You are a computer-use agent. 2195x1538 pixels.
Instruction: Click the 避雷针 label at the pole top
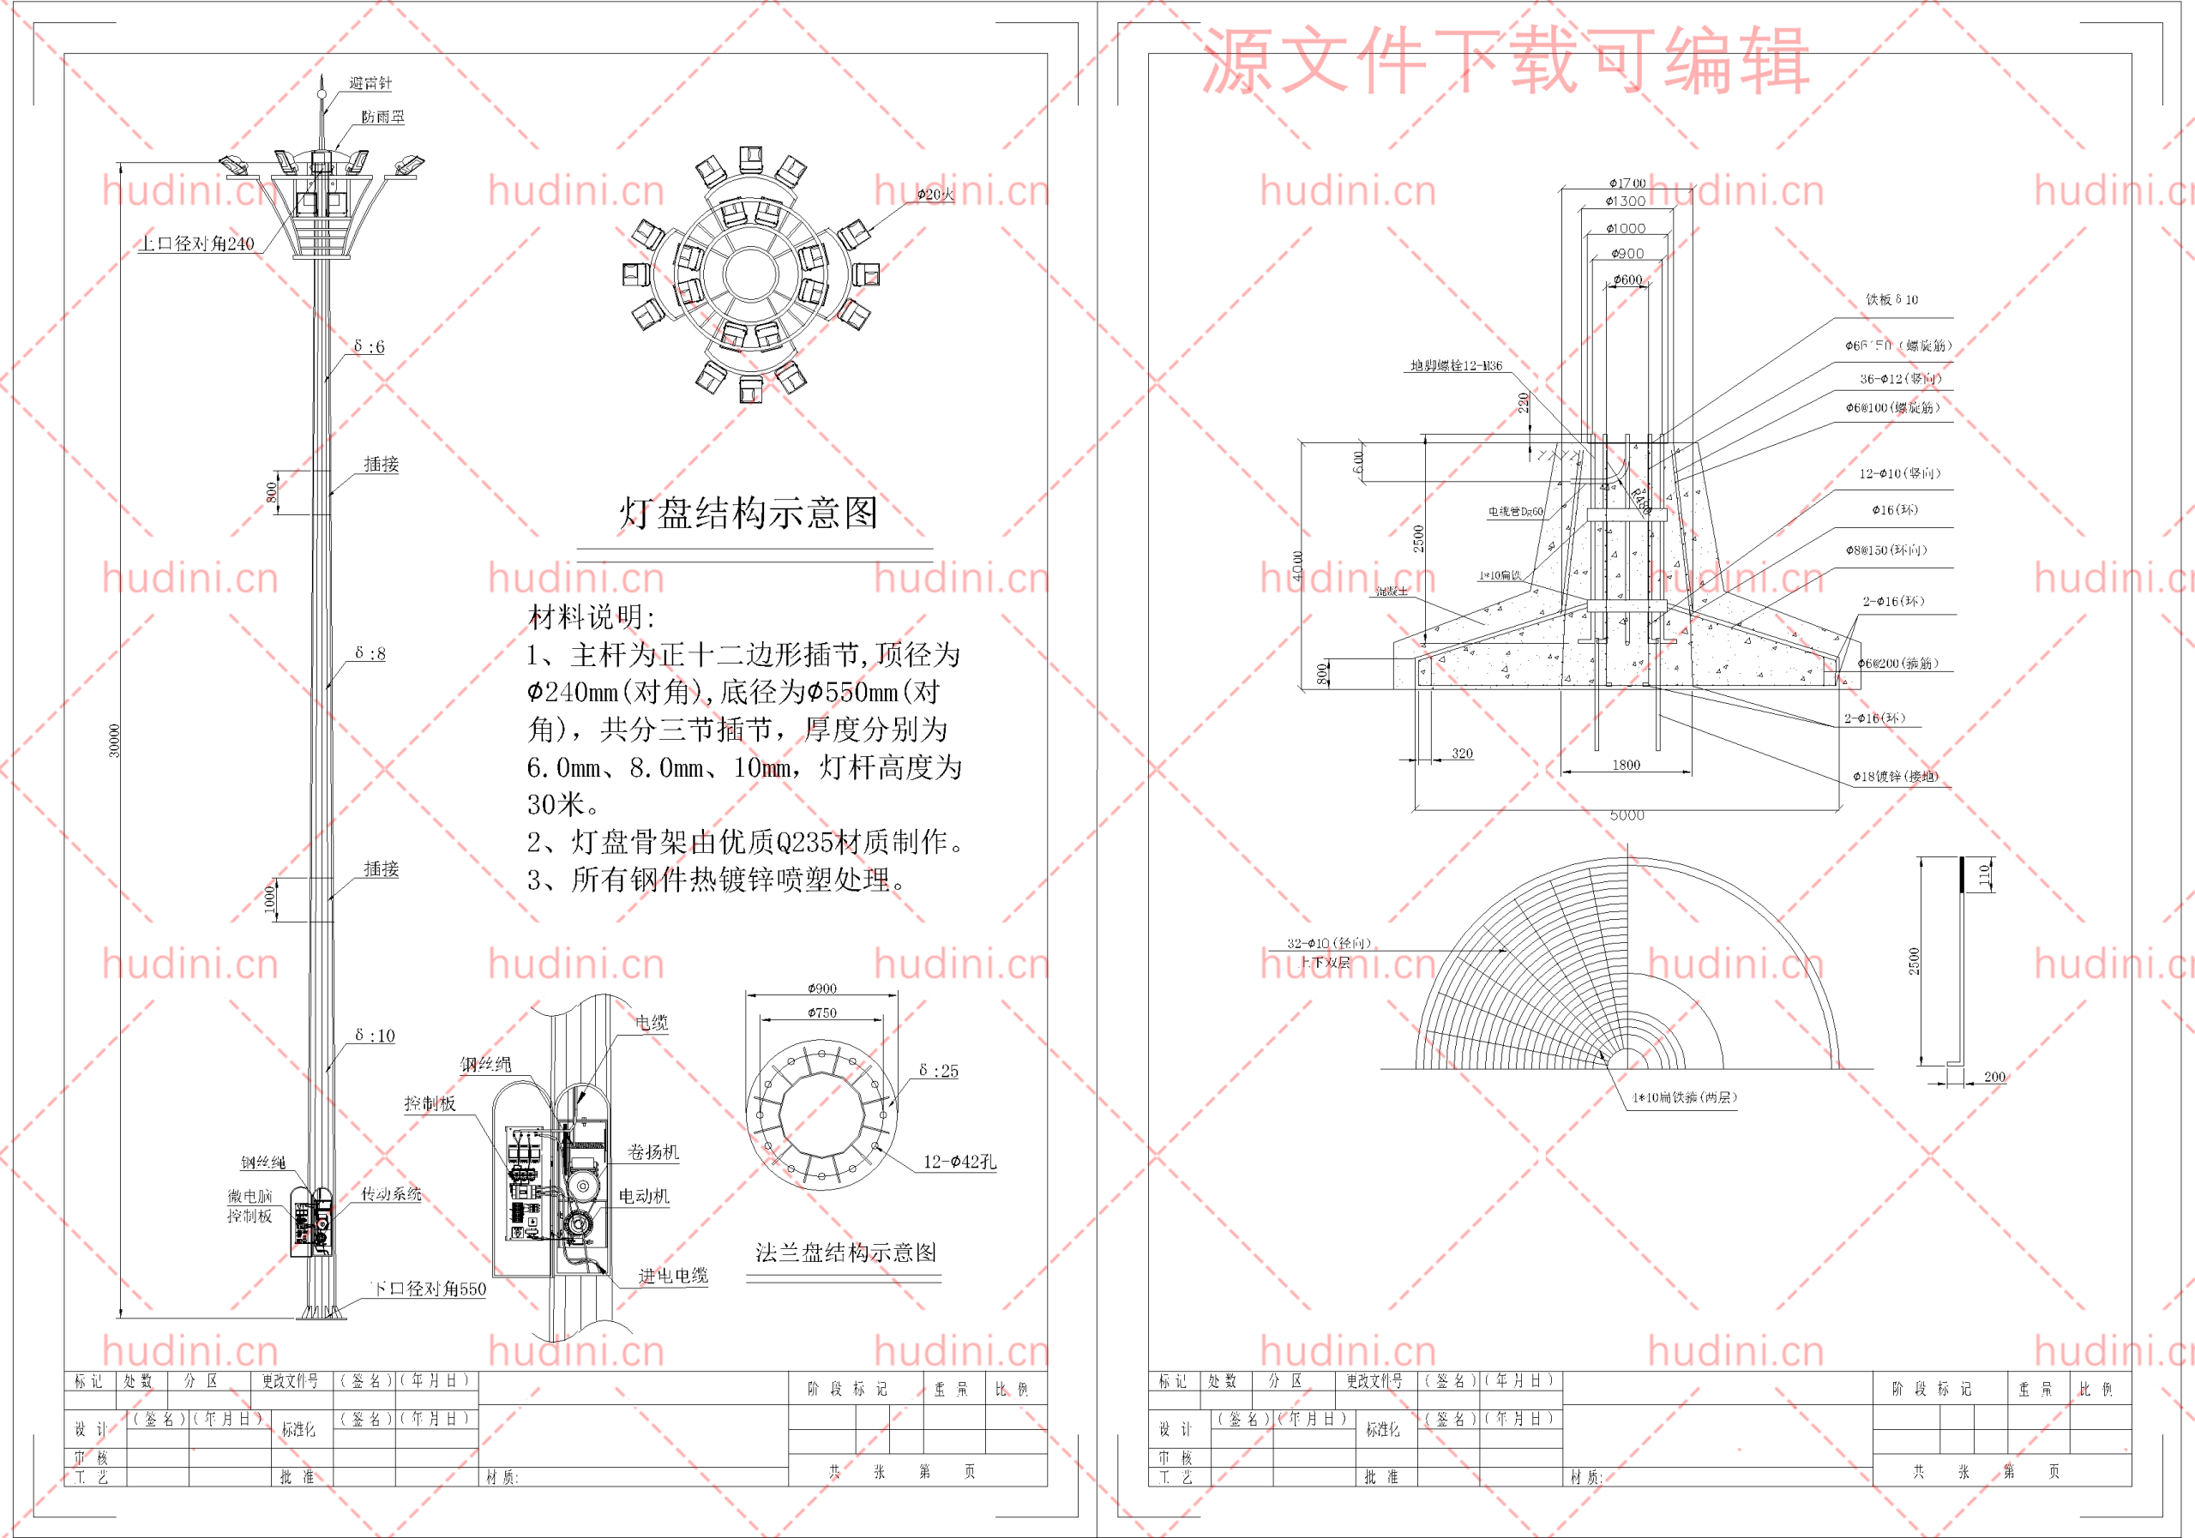(370, 83)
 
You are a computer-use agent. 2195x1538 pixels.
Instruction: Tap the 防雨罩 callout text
(382, 117)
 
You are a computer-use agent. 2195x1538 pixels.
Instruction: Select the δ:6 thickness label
(369, 346)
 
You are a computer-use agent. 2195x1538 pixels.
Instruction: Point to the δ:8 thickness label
(370, 653)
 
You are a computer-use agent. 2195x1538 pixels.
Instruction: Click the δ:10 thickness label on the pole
(374, 1036)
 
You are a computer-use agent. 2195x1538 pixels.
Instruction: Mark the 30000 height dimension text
(115, 741)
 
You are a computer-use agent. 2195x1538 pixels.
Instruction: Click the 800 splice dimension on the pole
(272, 491)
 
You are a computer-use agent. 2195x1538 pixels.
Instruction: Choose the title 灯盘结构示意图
(749, 514)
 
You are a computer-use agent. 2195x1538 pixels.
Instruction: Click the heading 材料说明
(592, 616)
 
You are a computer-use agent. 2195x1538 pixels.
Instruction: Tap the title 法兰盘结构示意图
(845, 1253)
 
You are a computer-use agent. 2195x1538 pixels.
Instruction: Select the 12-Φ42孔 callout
(959, 1162)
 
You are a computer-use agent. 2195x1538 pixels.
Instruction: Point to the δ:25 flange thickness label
(938, 1071)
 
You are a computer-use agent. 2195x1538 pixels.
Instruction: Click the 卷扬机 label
(653, 1152)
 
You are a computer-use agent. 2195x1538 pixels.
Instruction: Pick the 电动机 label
(643, 1196)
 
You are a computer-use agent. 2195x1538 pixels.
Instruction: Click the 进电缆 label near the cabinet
(673, 1275)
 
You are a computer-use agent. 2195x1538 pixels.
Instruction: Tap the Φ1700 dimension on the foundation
(1627, 183)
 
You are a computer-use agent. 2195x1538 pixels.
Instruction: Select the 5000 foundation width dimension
(1627, 815)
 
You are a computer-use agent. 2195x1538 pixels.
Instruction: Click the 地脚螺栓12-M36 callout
(1456, 365)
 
